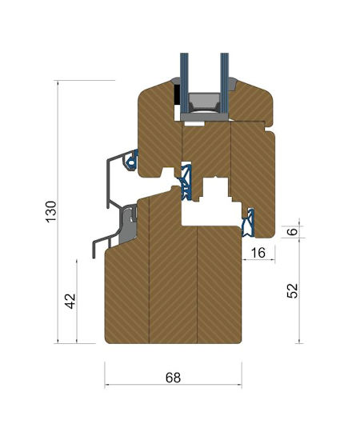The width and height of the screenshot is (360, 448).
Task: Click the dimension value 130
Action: tap(51, 212)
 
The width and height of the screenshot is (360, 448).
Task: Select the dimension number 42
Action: tap(70, 301)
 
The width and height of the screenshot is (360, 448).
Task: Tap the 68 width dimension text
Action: tap(173, 378)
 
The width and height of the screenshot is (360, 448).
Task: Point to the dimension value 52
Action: tap(292, 291)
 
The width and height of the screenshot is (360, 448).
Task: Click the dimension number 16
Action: tap(258, 253)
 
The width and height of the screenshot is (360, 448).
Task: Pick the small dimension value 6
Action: tap(292, 231)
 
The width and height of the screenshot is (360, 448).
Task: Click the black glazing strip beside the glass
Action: tap(177, 94)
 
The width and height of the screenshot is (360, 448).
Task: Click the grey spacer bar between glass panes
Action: tap(204, 103)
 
